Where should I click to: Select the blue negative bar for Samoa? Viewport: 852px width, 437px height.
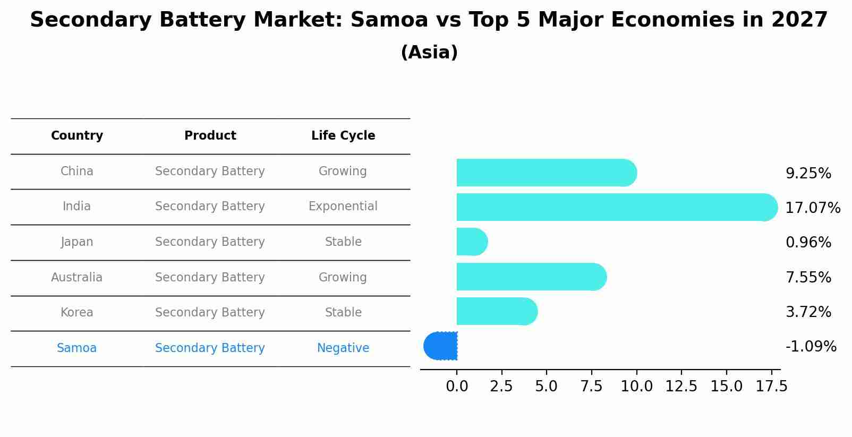point(441,346)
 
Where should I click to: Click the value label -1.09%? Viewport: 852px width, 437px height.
point(811,347)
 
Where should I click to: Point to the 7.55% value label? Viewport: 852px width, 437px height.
point(808,277)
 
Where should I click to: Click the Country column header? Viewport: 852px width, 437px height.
point(77,136)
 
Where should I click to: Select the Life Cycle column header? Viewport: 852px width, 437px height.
point(343,136)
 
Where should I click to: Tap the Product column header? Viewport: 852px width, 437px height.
point(210,136)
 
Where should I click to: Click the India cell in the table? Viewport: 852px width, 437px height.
point(77,207)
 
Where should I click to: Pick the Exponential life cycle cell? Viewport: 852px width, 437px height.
point(343,207)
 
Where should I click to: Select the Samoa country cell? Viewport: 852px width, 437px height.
point(77,348)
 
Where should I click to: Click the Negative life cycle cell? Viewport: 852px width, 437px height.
point(343,348)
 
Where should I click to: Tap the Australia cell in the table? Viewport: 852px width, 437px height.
point(77,277)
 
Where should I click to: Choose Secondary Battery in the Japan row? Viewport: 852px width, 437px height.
point(210,242)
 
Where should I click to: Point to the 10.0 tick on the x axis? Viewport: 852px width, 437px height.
point(636,387)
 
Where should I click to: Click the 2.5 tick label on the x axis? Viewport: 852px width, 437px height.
point(501,387)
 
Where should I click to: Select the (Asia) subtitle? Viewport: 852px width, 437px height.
point(429,53)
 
